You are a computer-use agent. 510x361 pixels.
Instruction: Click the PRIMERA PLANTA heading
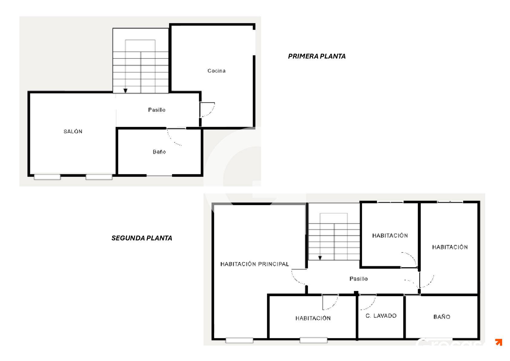tap(317, 56)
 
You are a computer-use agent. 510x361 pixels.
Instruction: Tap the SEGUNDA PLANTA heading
tap(142, 238)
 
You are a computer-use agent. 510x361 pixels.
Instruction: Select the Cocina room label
tap(216, 71)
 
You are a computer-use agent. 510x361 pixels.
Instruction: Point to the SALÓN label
tap(73, 131)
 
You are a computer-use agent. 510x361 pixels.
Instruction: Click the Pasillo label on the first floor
tap(157, 110)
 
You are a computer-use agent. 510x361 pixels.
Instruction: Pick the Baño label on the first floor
tap(159, 152)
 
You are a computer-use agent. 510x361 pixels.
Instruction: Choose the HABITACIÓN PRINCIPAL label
tap(254, 264)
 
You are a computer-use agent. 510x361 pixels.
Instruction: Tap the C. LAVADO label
tap(381, 316)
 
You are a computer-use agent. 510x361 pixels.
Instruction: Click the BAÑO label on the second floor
tap(442, 316)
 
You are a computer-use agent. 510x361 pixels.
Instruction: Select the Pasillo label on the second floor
tap(359, 279)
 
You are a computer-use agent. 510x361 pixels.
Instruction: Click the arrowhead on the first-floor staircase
tap(125, 91)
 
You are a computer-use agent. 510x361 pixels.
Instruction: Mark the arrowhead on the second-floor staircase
tap(320, 258)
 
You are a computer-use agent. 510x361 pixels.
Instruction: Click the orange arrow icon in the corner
tap(498, 342)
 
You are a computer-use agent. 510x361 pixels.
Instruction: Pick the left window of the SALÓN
tap(47, 177)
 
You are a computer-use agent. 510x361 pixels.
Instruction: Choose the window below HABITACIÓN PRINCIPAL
tap(239, 340)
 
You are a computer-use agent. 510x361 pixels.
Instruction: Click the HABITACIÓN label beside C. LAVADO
tap(313, 318)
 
